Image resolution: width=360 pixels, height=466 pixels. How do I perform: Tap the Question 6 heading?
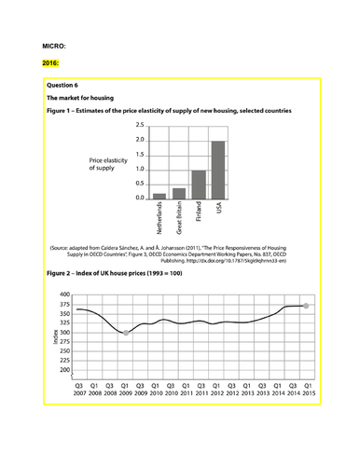tap(65, 83)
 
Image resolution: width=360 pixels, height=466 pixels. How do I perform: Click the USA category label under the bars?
tap(217, 210)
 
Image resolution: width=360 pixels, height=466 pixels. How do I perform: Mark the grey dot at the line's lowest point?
tap(127, 333)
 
